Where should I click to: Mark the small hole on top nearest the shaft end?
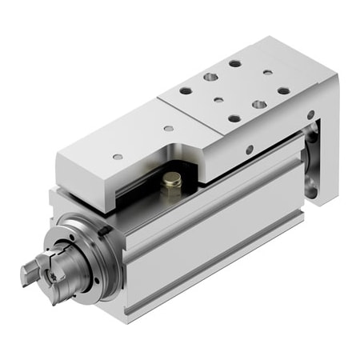tap(118, 157)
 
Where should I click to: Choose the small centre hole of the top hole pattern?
tap(218, 101)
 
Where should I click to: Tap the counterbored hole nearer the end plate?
tap(258, 104)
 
